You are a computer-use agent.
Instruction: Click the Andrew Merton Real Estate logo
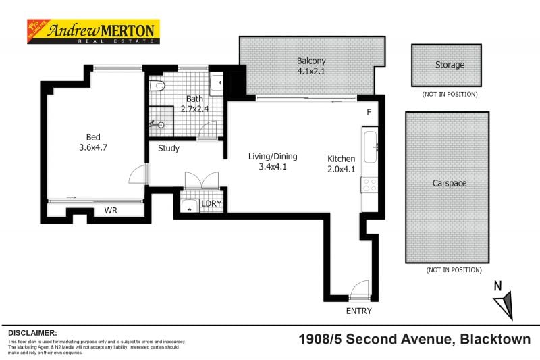[x=92, y=31]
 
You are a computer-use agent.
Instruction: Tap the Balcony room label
[x=310, y=61]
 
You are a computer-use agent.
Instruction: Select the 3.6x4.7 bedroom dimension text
[x=93, y=145]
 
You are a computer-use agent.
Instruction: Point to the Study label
[x=169, y=148]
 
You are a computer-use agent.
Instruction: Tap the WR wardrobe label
[x=111, y=211]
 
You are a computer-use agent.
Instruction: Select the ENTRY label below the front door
[x=358, y=311]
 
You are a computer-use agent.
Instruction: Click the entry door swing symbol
[x=359, y=290]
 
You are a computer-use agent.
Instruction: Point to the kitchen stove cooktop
[x=369, y=184]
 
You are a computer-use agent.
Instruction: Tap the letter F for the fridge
[x=369, y=112]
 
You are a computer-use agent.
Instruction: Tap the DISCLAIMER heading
[x=32, y=333]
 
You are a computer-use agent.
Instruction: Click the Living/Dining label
[x=273, y=156]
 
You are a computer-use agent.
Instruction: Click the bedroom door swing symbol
[x=138, y=174]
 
